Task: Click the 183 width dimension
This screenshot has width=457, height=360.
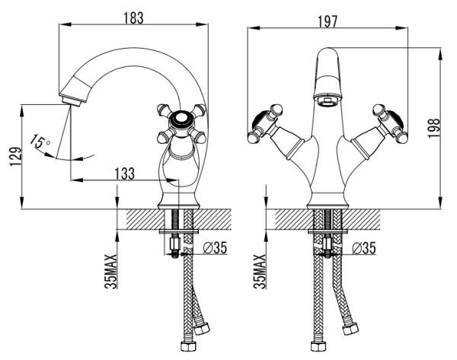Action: [134, 18]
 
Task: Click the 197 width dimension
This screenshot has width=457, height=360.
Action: [327, 21]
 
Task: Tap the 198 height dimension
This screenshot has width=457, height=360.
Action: [433, 128]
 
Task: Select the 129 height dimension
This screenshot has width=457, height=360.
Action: [16, 157]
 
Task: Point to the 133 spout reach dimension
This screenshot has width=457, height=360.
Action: [124, 174]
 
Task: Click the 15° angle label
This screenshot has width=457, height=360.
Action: [40, 142]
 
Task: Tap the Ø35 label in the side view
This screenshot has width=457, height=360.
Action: [215, 248]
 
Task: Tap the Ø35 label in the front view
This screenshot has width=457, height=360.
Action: [364, 248]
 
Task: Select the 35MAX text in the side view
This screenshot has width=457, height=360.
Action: [111, 271]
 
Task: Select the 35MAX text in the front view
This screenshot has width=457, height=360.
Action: [260, 271]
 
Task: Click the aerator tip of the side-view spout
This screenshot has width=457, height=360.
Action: [71, 100]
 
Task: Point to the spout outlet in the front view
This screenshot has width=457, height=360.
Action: [328, 102]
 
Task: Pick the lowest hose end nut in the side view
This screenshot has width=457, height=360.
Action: [189, 346]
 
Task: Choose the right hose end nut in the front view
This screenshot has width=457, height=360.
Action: [350, 329]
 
